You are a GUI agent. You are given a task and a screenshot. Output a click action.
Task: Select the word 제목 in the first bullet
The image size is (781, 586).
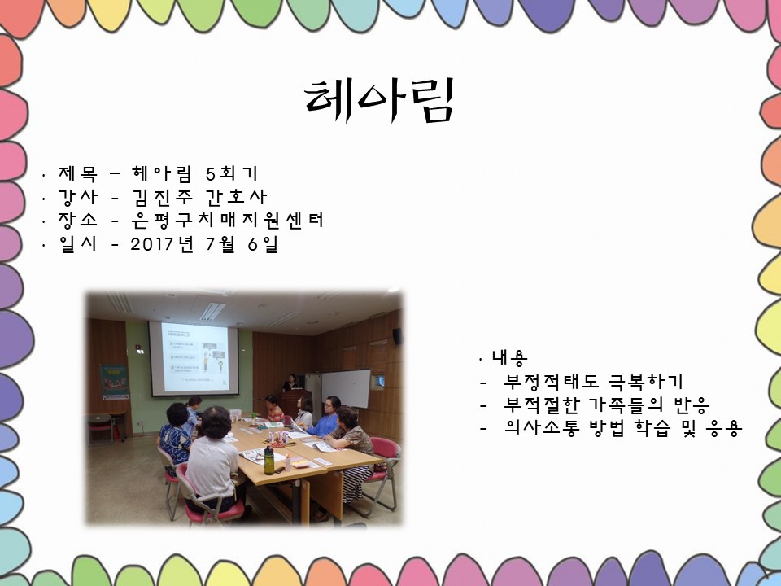coord(78,173)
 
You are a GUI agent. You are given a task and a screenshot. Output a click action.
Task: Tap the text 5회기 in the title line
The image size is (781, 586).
coord(232,173)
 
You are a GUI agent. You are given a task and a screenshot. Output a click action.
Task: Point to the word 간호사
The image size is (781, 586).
coord(236,197)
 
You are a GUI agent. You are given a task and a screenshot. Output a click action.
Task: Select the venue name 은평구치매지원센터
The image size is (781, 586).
coord(227,221)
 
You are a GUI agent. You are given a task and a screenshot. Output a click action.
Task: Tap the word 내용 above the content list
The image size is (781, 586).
coord(509,357)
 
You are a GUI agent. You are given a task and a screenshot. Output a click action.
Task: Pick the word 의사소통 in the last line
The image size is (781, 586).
coord(542,427)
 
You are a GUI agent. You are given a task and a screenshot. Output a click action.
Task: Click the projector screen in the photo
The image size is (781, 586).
coord(194,359)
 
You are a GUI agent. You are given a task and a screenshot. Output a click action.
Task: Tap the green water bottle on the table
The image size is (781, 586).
coord(268,460)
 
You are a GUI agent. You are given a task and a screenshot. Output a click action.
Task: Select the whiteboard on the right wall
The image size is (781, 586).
coord(347,388)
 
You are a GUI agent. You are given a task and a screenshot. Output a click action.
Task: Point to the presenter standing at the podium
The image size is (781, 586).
coord(290,383)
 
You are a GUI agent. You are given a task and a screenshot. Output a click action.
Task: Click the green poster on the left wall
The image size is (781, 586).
coord(115,382)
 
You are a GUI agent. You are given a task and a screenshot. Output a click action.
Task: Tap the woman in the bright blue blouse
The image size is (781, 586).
coord(327,418)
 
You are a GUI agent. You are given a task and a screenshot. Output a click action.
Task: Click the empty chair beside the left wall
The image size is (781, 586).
coord(101,430)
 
